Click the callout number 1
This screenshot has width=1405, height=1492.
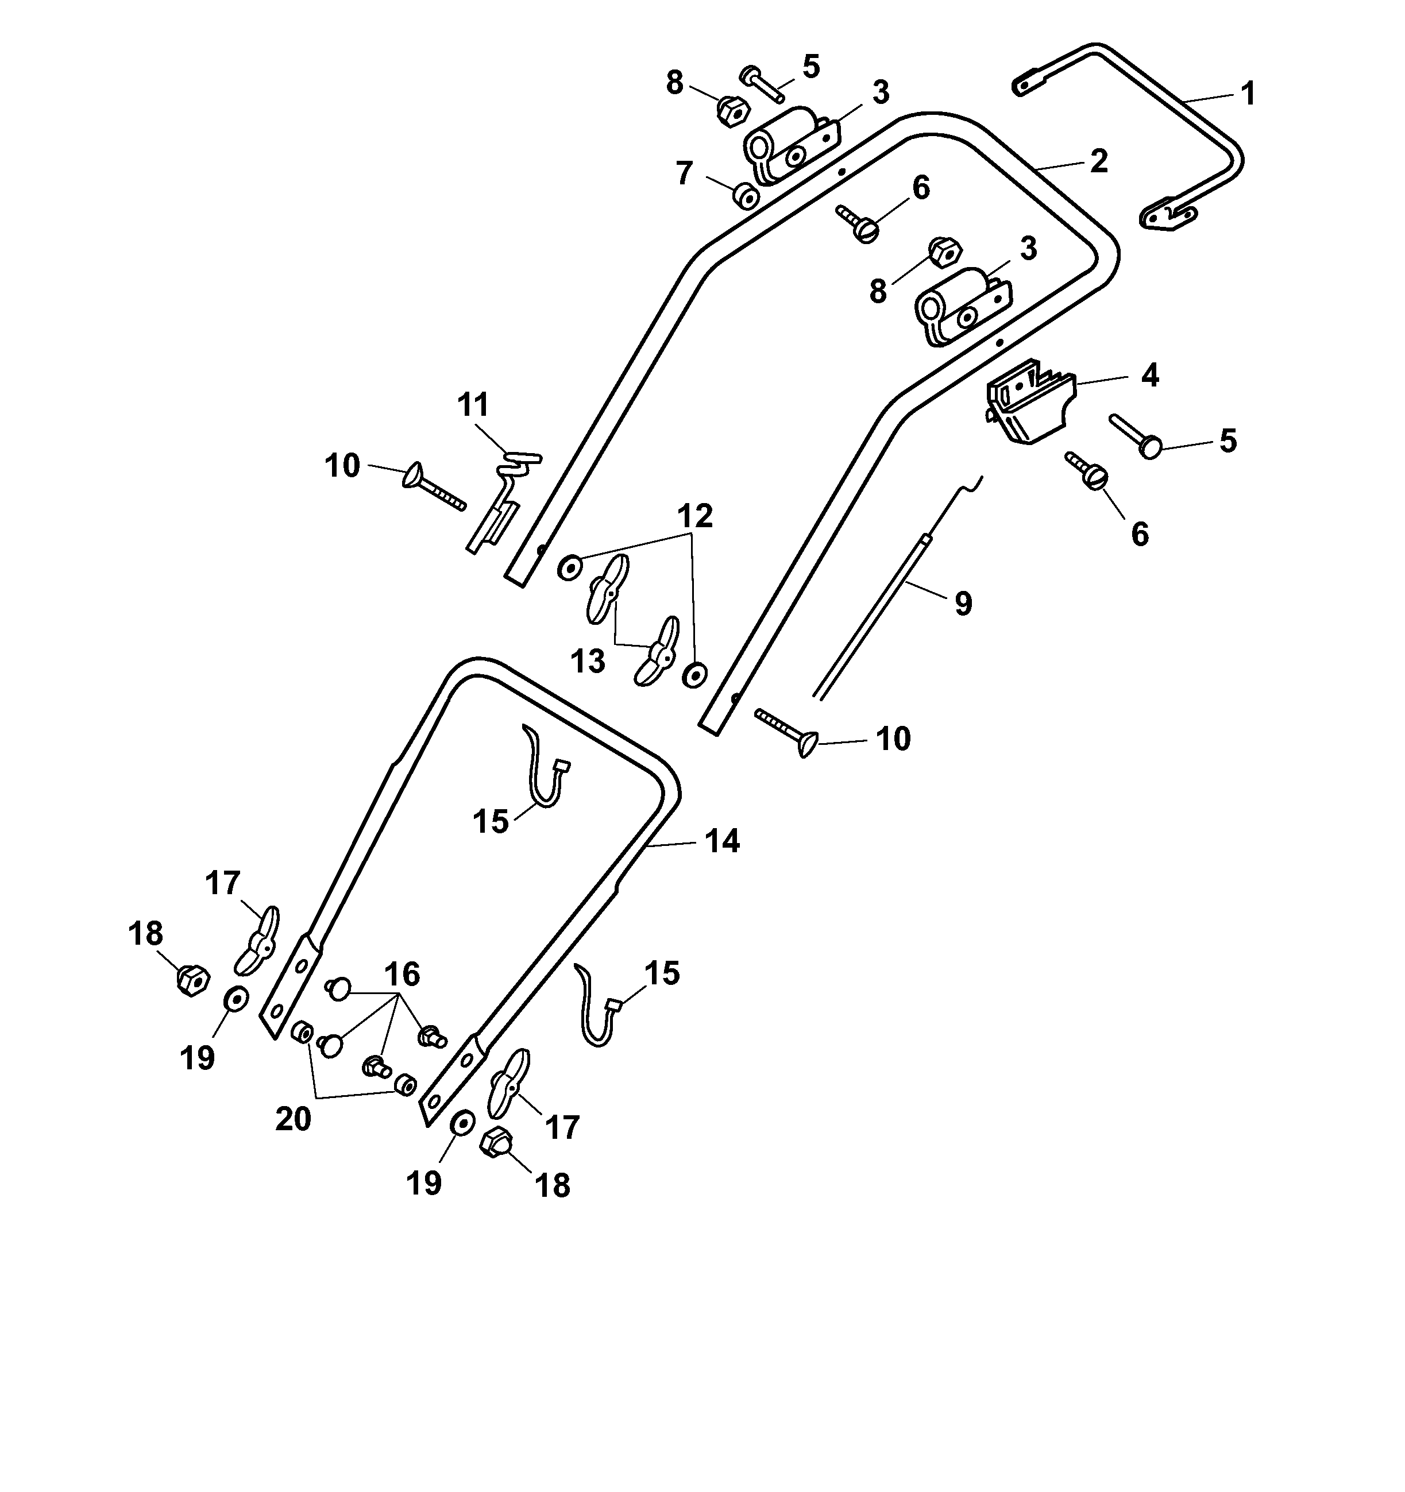pos(1248,95)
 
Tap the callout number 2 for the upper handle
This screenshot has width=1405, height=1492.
pos(1099,161)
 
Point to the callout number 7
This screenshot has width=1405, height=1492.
pos(684,174)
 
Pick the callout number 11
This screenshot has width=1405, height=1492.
pos(473,405)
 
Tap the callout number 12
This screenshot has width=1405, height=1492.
pos(695,516)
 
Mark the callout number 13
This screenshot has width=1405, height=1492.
pos(588,662)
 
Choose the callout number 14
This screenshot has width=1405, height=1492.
pos(722,841)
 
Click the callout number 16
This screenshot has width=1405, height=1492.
pos(402,974)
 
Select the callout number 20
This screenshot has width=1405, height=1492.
pos(294,1119)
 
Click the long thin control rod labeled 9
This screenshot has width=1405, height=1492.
pos(871,616)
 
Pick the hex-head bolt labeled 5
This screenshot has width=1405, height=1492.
pos(761,84)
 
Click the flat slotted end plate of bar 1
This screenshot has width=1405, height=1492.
pos(1168,218)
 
